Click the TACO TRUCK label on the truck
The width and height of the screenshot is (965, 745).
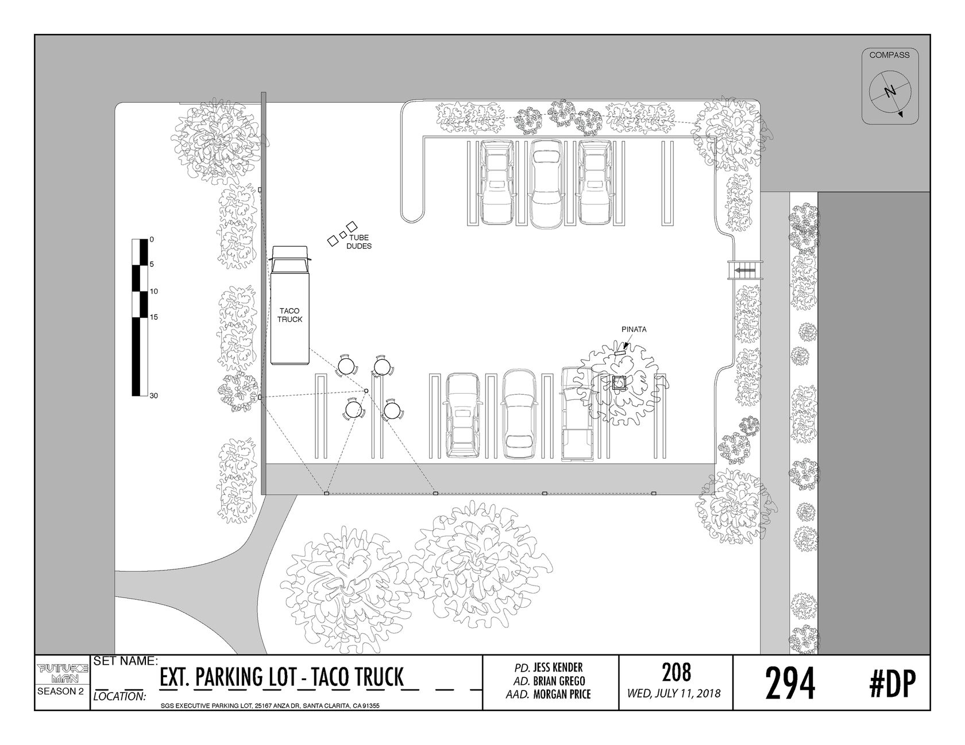tap(289, 315)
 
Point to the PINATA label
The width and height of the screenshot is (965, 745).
tap(634, 329)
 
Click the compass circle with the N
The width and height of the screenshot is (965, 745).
tap(890, 92)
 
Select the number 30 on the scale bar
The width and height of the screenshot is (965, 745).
tap(153, 396)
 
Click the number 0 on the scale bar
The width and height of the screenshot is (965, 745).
tap(152, 239)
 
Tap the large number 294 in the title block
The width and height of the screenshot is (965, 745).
tap(790, 684)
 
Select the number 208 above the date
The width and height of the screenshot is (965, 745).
tap(676, 672)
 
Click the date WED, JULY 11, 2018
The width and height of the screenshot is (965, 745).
tap(676, 693)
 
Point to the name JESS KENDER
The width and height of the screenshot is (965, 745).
tap(558, 668)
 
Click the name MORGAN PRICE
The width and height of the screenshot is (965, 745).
tap(562, 694)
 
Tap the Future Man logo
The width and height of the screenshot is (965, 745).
tap(63, 674)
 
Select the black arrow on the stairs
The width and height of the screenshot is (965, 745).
tap(746, 269)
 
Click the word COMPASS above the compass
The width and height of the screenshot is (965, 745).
tap(889, 55)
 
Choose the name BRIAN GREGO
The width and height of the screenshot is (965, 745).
tap(559, 681)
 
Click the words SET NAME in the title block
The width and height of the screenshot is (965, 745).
tap(125, 661)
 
